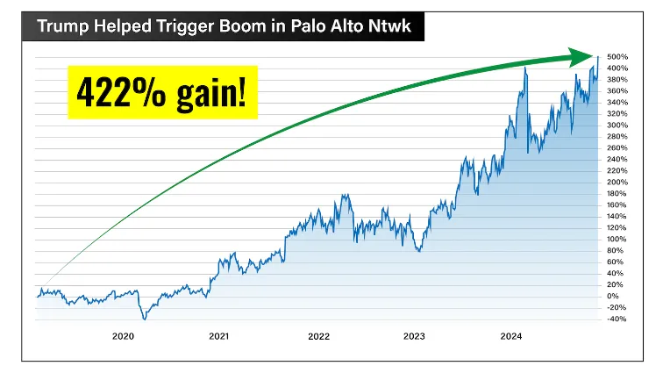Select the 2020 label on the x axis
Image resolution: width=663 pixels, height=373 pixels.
pos(123,335)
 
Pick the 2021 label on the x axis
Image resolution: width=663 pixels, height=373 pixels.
pos(219,335)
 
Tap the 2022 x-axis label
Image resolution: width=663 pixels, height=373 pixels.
pos(317,335)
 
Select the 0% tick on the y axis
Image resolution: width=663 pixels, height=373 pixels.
pos(613,296)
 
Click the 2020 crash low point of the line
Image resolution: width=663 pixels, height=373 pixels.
pos(145,319)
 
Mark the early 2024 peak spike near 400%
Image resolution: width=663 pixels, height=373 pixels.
pos(524,68)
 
